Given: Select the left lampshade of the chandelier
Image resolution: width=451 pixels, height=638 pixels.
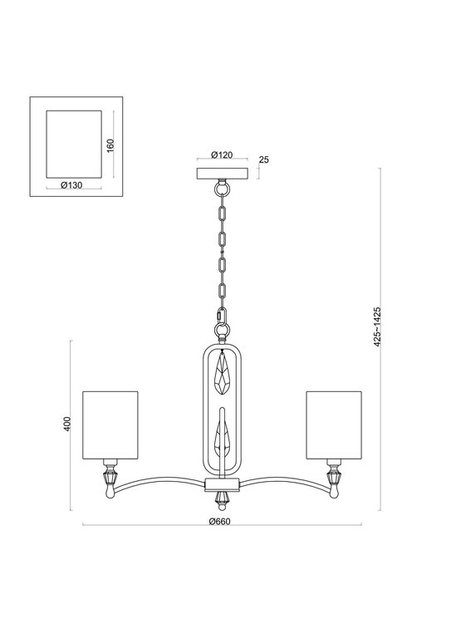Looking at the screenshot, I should [109, 423].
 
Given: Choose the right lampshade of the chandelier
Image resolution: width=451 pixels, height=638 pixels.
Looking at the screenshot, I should [335, 423].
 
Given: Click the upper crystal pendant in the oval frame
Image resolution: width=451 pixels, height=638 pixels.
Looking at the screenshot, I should [222, 374].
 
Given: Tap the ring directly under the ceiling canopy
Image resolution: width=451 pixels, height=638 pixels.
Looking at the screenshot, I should [221, 189].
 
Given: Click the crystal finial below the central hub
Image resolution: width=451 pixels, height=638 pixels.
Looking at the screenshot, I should [222, 498].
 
